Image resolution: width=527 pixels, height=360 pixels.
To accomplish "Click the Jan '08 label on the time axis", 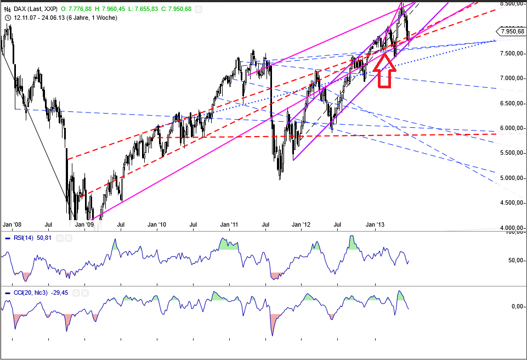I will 12,224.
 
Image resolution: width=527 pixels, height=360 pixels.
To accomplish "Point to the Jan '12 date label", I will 302,224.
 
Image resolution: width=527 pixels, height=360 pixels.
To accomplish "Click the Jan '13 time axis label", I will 375,224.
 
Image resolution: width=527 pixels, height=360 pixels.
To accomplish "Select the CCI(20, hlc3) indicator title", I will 32,293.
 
